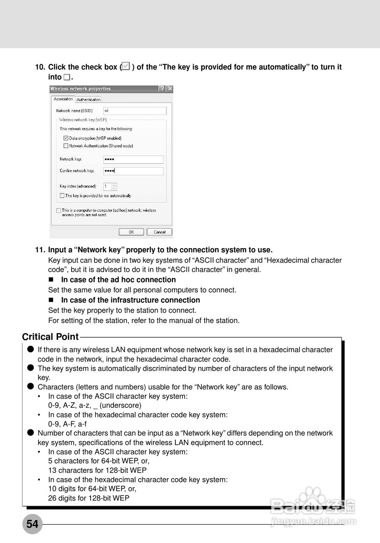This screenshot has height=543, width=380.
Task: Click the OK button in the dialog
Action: pos(131,232)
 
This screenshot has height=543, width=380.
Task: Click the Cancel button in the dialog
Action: pos(159,232)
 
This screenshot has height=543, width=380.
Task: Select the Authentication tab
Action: pos(89,100)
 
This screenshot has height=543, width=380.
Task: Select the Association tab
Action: pos(63,99)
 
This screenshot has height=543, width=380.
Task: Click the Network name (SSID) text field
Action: pos(135,111)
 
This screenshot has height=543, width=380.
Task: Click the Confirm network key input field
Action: pos(133,171)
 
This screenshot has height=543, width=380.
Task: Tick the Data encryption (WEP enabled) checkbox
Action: pos(66,138)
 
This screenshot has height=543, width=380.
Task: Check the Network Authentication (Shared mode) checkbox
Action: pos(66,146)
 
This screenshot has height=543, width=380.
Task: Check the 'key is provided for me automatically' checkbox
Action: pos(62,196)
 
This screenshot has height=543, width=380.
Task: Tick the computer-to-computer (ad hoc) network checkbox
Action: pos(58,210)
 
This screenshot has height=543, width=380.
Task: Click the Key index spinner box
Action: pos(110,186)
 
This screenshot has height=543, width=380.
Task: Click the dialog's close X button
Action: pos(170,89)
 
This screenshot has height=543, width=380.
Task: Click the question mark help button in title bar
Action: pos(162,89)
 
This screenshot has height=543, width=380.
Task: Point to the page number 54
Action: pos(32,524)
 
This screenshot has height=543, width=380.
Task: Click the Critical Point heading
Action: pos(50,337)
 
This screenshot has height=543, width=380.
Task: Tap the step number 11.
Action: pos(40,250)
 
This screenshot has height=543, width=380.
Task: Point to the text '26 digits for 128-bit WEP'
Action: pos(89,498)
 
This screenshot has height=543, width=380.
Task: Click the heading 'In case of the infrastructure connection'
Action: pos(130,300)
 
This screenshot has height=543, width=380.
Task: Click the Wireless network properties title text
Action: pos(80,89)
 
